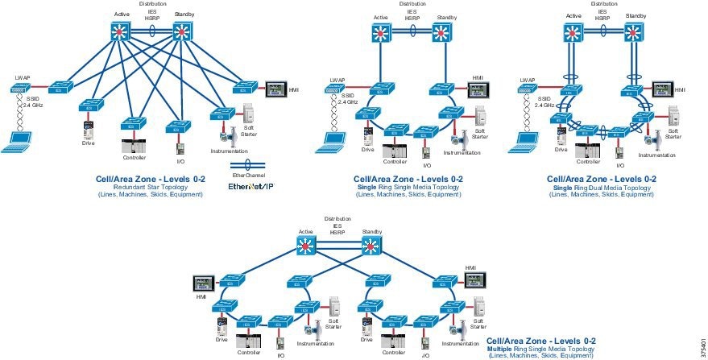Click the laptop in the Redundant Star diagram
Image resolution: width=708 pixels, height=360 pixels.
click(x=18, y=143)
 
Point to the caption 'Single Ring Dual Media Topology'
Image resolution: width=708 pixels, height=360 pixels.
click(x=601, y=187)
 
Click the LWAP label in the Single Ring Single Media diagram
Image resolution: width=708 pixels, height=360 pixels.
click(x=337, y=80)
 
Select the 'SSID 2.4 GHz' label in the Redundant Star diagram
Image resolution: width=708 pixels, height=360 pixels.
click(x=32, y=102)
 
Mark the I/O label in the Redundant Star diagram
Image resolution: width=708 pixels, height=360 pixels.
click(x=180, y=160)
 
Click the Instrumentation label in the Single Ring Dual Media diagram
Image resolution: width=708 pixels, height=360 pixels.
click(x=657, y=155)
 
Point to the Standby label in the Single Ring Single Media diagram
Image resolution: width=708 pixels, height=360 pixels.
click(x=447, y=18)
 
